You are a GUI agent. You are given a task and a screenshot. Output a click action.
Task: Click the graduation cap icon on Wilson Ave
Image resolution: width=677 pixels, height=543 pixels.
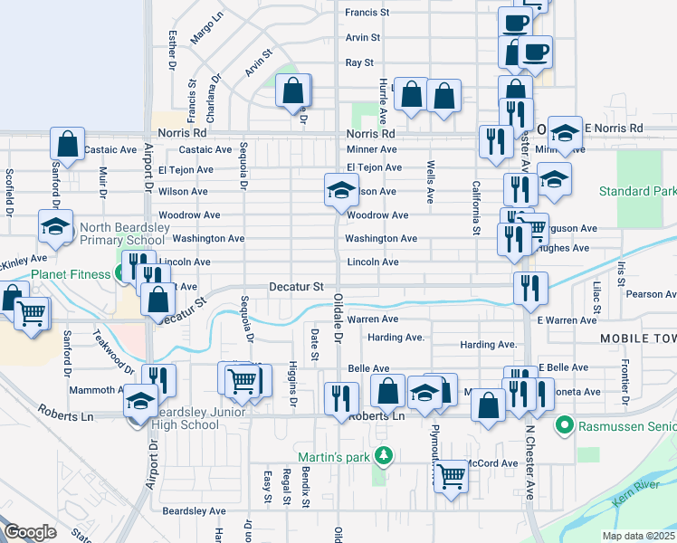340,190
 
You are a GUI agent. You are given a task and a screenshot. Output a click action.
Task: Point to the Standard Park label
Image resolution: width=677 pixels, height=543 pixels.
637,192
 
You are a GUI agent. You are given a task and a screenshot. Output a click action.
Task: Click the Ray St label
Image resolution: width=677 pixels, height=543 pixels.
359,62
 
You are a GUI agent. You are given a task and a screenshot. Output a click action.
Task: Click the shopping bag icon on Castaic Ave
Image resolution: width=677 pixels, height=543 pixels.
67,143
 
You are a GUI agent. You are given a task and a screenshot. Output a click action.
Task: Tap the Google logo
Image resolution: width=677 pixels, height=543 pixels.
30,531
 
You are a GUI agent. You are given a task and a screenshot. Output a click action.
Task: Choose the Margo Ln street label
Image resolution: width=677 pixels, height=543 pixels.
207,29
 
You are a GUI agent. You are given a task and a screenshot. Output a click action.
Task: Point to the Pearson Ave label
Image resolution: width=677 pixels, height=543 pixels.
650,294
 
